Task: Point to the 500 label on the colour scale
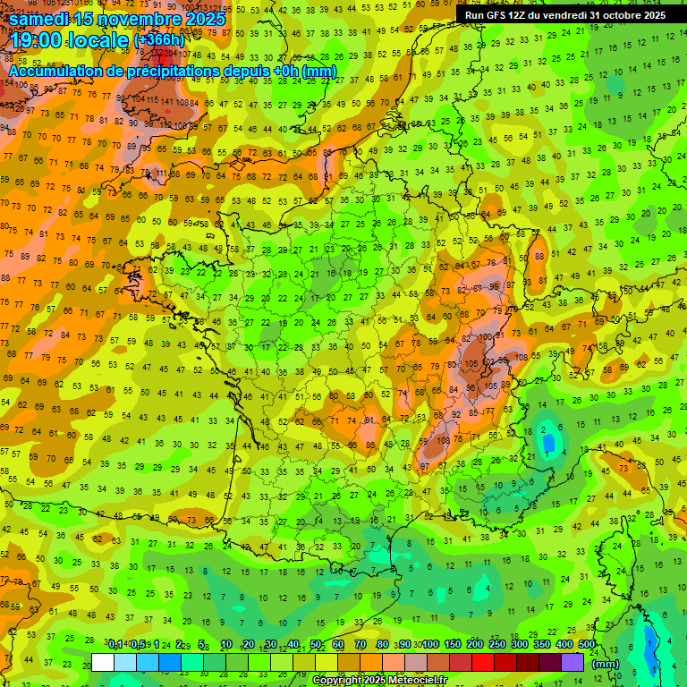(587, 645)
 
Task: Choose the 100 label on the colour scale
(430, 645)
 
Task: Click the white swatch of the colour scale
(103, 662)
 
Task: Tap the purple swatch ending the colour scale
(572, 662)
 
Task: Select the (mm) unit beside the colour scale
(606, 664)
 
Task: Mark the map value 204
(169, 78)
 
